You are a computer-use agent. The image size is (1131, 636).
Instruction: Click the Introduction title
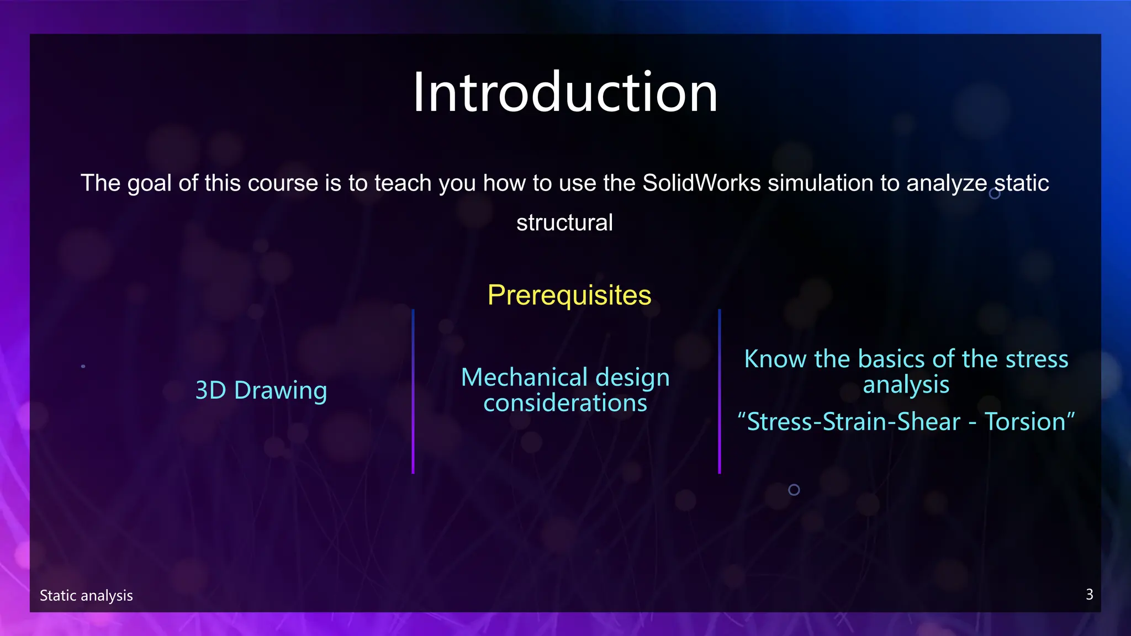(565, 93)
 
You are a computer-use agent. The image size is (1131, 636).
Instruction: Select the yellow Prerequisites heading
(569, 295)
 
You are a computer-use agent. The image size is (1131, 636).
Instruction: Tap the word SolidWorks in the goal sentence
(701, 183)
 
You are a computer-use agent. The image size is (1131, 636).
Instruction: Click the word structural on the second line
(564, 223)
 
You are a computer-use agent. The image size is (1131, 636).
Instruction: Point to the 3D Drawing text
(261, 390)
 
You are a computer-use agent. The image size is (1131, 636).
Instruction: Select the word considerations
(565, 403)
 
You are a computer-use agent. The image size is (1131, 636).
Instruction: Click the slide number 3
(1089, 595)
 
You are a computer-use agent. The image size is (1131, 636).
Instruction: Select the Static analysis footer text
(86, 596)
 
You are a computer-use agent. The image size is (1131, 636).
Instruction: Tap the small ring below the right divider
(794, 490)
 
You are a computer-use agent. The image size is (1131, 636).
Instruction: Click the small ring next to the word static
(994, 194)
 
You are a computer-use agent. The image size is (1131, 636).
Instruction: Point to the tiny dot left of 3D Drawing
(83, 366)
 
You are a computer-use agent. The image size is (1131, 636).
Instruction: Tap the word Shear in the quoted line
(928, 422)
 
